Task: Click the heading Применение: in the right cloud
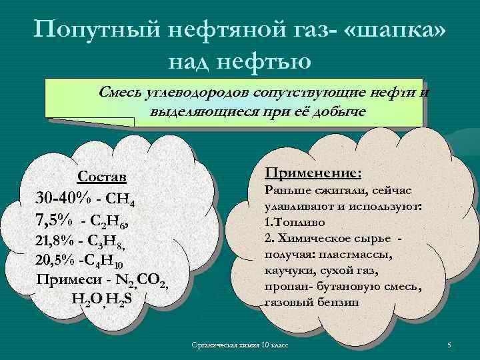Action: [313, 173]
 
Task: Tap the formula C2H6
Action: [116, 221]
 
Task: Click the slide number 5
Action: [449, 345]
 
